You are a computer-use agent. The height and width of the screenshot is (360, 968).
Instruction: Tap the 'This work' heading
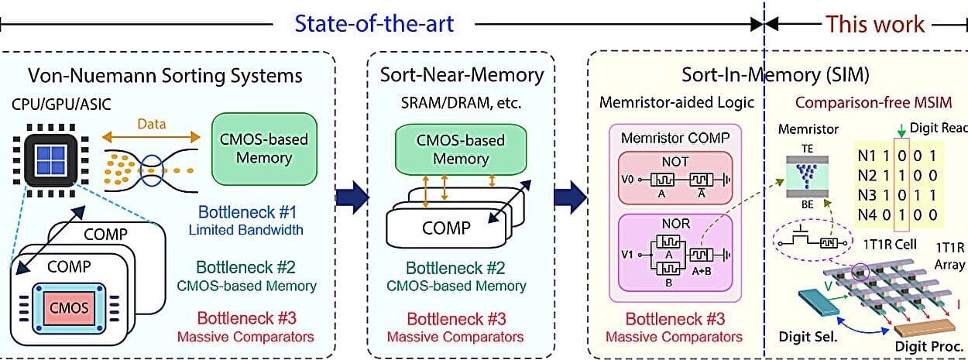(875, 23)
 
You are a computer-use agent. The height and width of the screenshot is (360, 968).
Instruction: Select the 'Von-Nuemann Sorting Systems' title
(165, 75)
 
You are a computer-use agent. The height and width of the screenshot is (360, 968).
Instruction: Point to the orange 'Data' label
(152, 123)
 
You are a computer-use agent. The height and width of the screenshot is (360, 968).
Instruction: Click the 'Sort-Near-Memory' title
(462, 75)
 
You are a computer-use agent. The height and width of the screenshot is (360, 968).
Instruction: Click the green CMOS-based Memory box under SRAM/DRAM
(461, 150)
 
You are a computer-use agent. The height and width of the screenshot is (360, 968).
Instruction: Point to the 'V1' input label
(628, 253)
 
